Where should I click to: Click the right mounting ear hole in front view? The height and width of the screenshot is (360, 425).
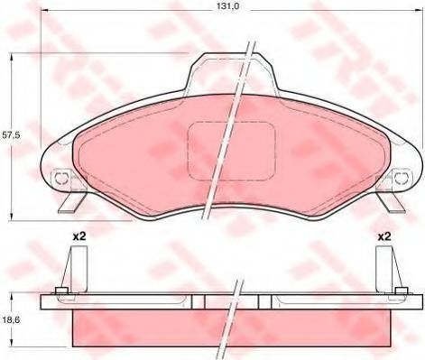(x=398, y=178)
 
